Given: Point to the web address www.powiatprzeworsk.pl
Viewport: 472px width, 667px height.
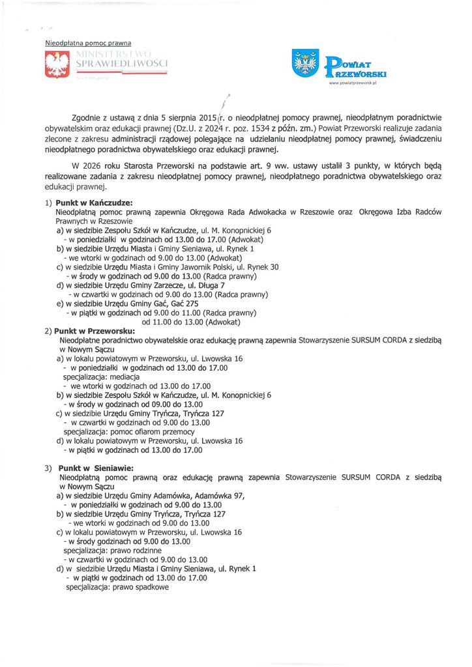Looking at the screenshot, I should point(358,83).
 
